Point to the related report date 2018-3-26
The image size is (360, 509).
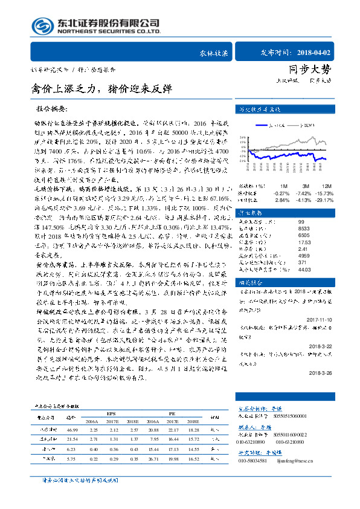point(323,373)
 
